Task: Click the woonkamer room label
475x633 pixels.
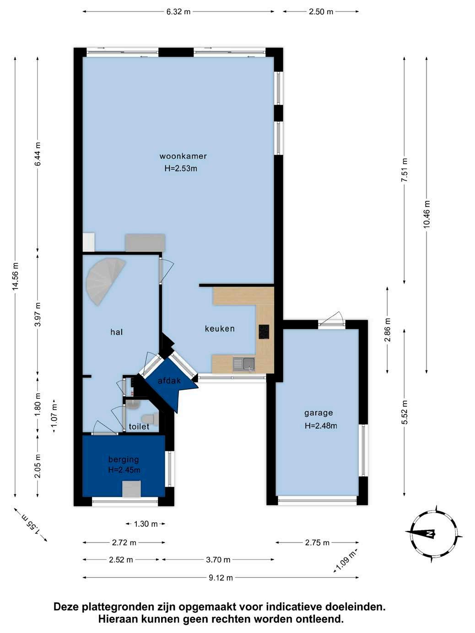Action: click(183, 156)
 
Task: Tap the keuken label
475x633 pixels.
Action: click(220, 329)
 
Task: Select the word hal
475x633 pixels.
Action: click(117, 332)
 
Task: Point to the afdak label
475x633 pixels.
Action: click(169, 381)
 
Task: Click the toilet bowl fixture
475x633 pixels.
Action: click(151, 418)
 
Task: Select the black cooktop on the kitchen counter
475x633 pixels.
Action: click(264, 332)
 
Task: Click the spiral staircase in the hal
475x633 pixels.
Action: click(104, 280)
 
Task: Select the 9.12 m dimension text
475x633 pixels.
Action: click(221, 578)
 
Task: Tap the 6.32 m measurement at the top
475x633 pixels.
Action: click(178, 12)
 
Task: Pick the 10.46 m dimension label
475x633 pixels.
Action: click(426, 214)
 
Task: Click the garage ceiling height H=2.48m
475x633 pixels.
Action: click(321, 426)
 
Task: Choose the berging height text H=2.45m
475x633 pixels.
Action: click(124, 470)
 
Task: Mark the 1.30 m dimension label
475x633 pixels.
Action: click(146, 524)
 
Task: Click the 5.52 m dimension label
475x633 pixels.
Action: click(405, 412)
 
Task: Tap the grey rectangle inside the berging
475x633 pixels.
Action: click(131, 489)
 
